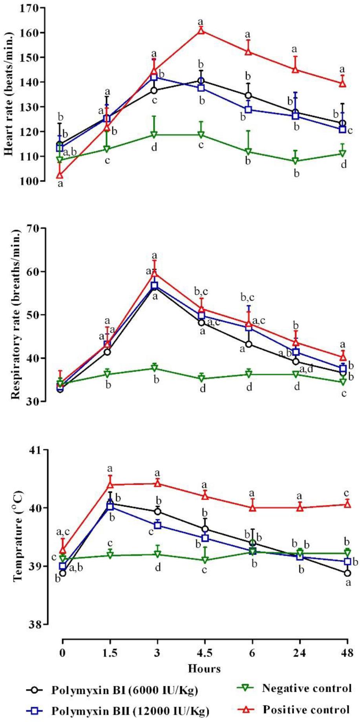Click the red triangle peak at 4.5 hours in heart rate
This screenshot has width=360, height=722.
[x=201, y=31]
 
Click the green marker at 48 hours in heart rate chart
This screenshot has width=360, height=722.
[x=343, y=154]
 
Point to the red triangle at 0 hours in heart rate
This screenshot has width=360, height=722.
[x=60, y=175]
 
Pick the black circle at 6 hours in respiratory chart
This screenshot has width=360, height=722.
[x=249, y=345]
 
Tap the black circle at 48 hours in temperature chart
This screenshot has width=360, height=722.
[x=347, y=573]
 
